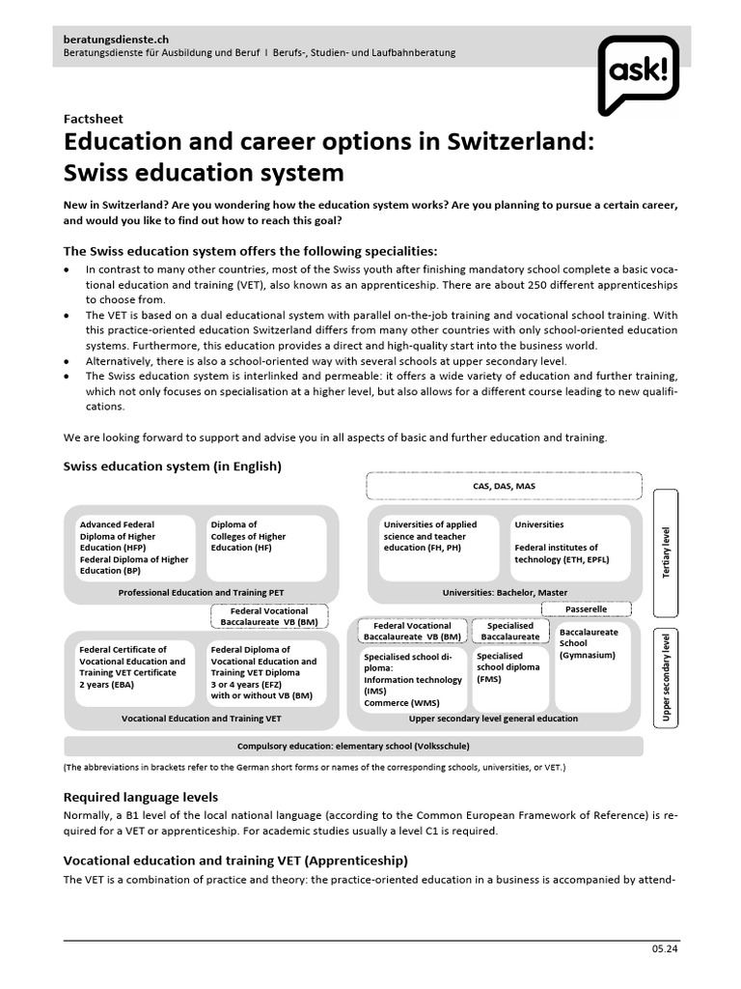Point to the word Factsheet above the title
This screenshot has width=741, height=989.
pyautogui.click(x=92, y=119)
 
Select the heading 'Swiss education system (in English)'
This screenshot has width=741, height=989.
pyautogui.click(x=172, y=466)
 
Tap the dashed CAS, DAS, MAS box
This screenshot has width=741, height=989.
pyautogui.click(x=505, y=486)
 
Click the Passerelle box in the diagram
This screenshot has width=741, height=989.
pyautogui.click(x=587, y=609)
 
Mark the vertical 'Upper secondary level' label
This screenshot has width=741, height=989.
pyautogui.click(x=667, y=676)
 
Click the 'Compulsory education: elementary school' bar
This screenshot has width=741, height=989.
pyautogui.click(x=353, y=746)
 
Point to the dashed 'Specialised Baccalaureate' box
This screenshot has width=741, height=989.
pyautogui.click(x=510, y=632)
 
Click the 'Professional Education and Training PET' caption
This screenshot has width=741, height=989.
pyautogui.click(x=201, y=592)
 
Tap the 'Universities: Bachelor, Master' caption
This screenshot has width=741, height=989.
pyautogui.click(x=505, y=592)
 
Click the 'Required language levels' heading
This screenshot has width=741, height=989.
pyautogui.click(x=140, y=797)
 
